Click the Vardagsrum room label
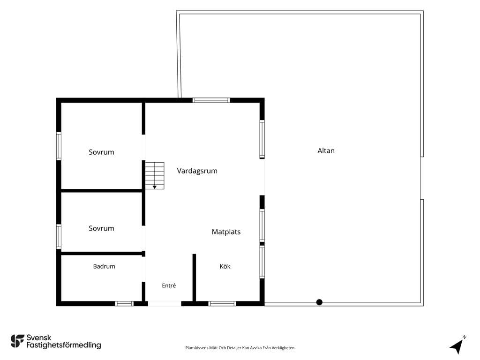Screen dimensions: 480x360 click(x=197, y=171)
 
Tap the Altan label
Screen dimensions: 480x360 click(x=326, y=150)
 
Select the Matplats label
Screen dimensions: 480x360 click(x=226, y=232)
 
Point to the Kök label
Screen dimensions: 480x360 click(x=225, y=266)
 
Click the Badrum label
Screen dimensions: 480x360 click(x=104, y=266)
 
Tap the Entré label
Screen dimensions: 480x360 click(x=169, y=285)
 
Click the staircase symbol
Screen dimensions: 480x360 click(x=155, y=176)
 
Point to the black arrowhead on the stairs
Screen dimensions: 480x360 click(x=155, y=187)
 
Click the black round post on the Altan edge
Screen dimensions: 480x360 click(x=319, y=302)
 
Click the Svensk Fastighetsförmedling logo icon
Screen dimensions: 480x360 click(x=17, y=341)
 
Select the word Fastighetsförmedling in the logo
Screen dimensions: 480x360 click(x=64, y=345)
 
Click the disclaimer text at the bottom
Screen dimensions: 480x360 click(x=240, y=348)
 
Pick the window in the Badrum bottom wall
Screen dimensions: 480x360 click(x=124, y=304)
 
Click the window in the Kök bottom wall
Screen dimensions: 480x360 click(x=222, y=304)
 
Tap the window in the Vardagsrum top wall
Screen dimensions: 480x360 click(x=211, y=100)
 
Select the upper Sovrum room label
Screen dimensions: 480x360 click(x=101, y=152)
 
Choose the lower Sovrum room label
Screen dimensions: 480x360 click(x=101, y=228)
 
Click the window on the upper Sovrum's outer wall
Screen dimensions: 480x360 click(x=59, y=146)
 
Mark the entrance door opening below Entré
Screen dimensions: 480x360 click(x=165, y=304)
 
